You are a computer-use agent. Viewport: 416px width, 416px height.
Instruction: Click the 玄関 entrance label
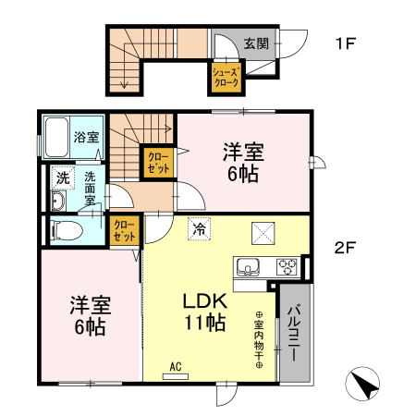(x=256, y=43)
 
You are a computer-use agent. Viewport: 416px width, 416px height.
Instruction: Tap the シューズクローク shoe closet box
(x=226, y=77)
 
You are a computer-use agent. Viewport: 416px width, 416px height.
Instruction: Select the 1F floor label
(x=346, y=43)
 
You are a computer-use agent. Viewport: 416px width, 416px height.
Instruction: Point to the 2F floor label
(x=346, y=247)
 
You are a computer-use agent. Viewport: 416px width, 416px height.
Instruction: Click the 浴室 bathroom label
(x=87, y=138)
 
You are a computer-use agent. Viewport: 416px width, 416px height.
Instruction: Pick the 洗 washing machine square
(x=61, y=177)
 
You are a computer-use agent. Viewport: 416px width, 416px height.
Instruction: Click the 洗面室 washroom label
(x=91, y=187)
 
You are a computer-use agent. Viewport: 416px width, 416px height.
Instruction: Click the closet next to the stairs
(x=158, y=163)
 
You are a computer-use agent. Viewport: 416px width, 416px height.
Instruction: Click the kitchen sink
(x=249, y=268)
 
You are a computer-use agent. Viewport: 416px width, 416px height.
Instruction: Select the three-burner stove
(x=286, y=267)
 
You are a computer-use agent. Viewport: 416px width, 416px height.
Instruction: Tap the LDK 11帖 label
(x=204, y=312)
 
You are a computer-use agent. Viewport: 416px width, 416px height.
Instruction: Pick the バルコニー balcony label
(x=293, y=332)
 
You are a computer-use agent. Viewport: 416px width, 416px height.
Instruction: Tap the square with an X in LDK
(x=263, y=234)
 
